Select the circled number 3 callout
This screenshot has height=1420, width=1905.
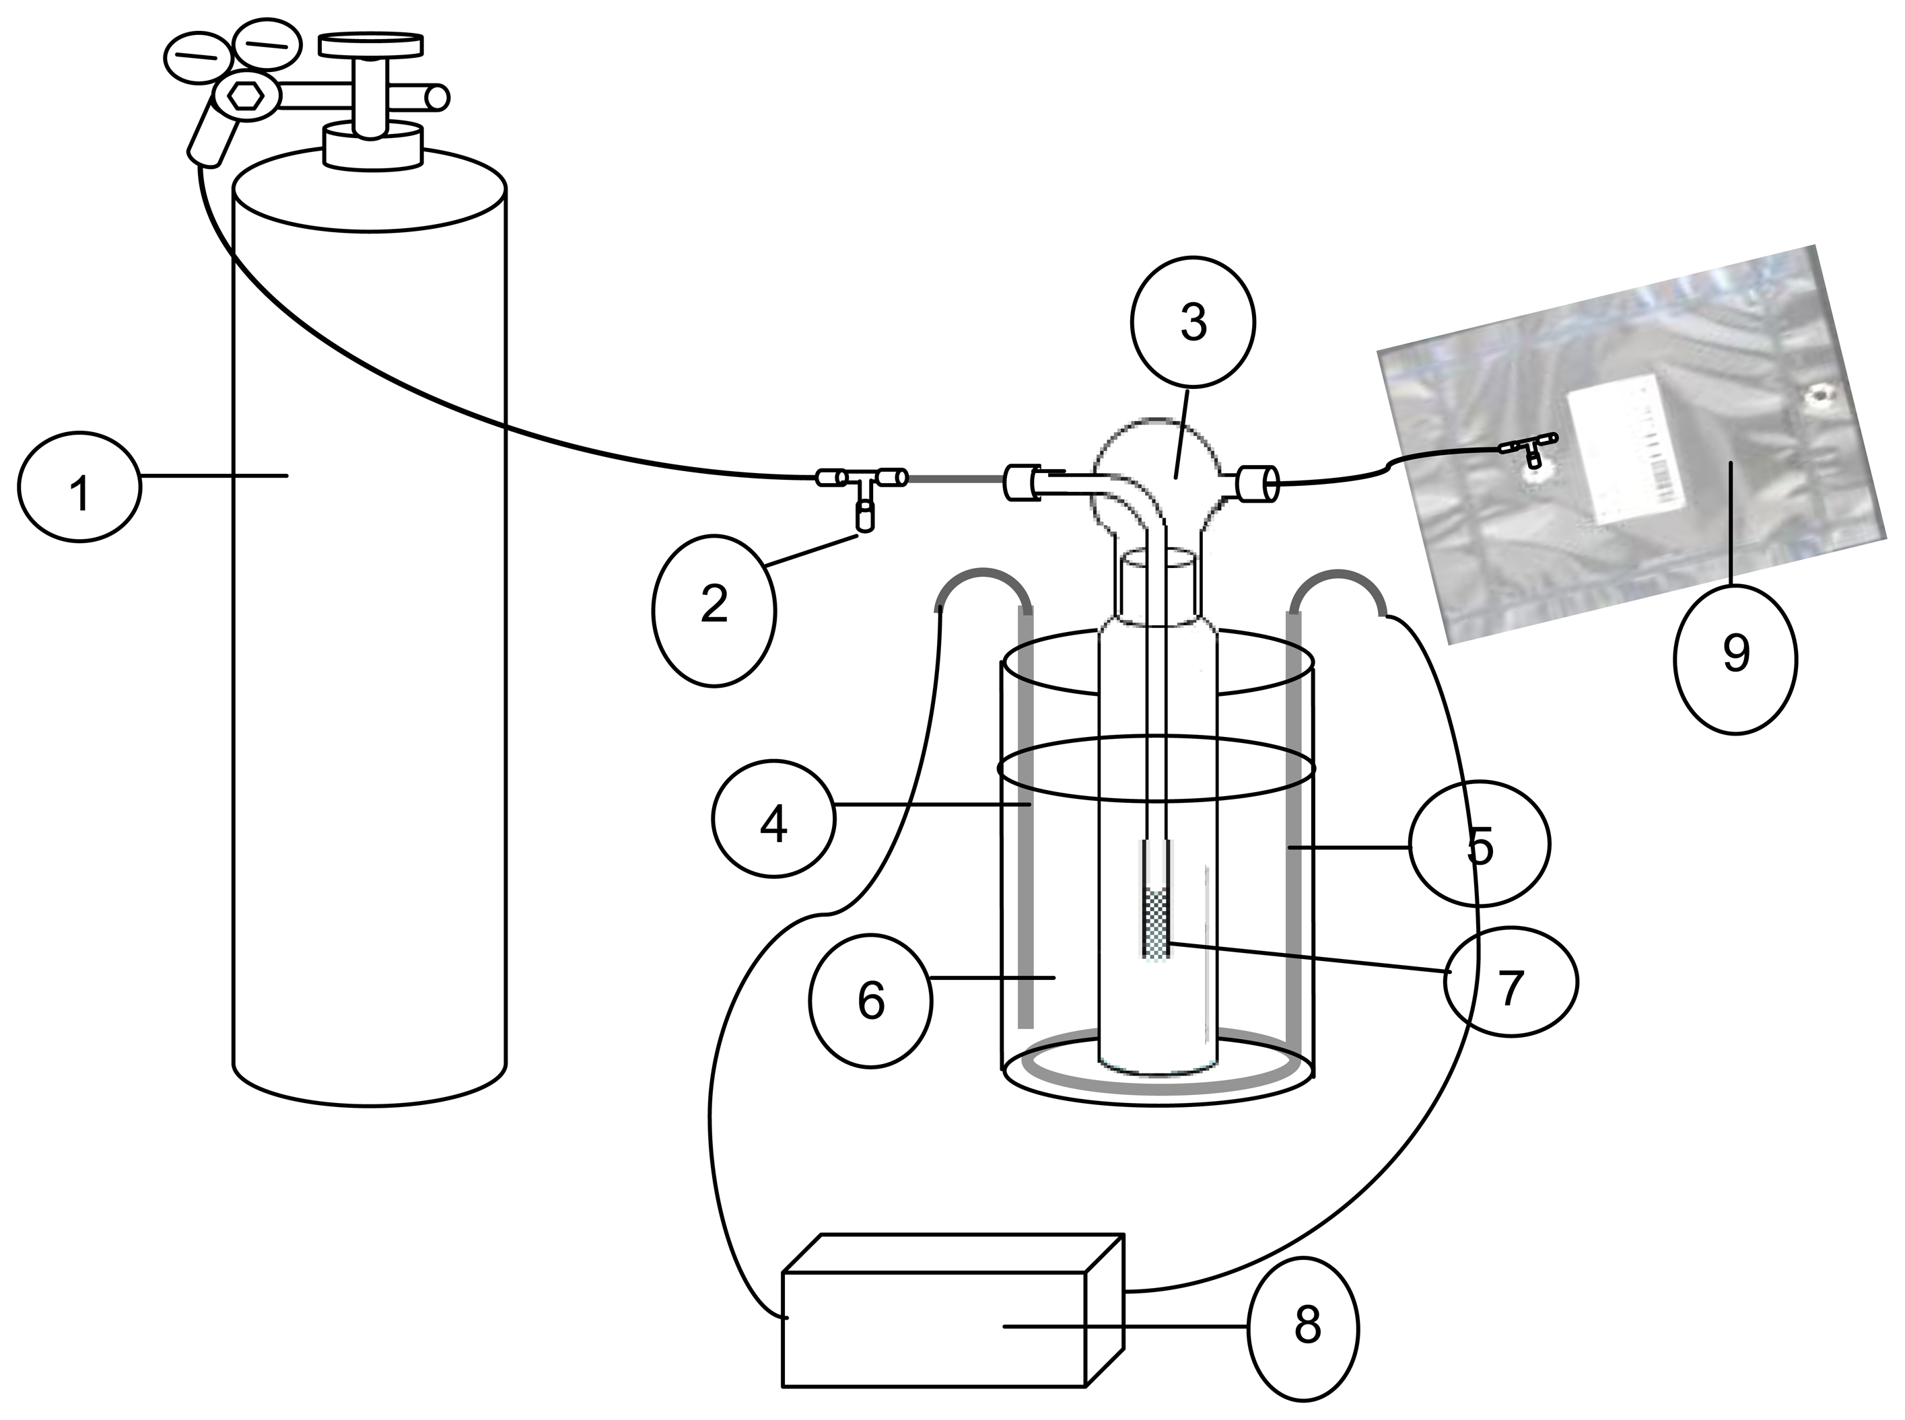(1193, 322)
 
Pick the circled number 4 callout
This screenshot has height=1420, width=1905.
(773, 819)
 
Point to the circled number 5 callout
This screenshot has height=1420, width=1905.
(1479, 843)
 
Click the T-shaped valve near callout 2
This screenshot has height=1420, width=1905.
(862, 490)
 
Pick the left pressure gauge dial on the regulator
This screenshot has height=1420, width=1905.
(197, 56)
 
